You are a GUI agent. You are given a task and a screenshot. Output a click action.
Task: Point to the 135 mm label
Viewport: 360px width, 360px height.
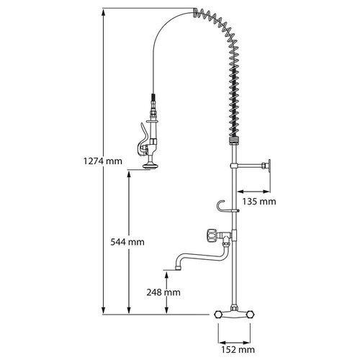[x=258, y=202]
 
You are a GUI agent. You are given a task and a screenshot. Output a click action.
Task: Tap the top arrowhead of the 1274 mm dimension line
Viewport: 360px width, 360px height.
[x=104, y=12]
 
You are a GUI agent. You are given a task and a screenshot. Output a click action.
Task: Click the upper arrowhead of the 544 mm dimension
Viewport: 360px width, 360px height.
[x=130, y=174]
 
